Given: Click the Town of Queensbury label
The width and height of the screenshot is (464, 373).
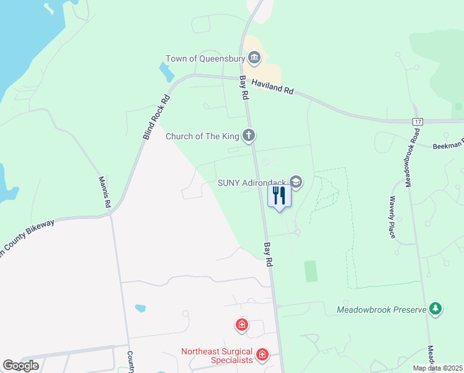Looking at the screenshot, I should click(x=205, y=59).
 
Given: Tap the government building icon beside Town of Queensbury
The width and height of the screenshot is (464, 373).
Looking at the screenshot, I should click(x=254, y=59).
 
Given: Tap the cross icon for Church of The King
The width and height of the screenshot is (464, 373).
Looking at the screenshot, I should click(x=249, y=136).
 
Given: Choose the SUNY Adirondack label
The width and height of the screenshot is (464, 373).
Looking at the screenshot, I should click(x=252, y=183).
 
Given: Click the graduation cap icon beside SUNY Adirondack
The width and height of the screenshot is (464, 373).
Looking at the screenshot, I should click(x=296, y=182).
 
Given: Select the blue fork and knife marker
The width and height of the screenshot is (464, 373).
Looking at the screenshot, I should click(x=279, y=196).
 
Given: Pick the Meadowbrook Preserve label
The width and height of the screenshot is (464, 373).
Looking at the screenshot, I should click(x=381, y=309).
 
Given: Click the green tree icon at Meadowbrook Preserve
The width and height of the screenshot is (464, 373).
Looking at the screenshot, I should click(x=437, y=308).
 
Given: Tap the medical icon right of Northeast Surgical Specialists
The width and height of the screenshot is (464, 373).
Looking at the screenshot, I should click(x=262, y=355).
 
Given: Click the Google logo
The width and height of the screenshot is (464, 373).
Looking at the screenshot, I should click(x=20, y=366).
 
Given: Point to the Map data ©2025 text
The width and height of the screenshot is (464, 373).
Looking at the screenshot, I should click(x=438, y=368).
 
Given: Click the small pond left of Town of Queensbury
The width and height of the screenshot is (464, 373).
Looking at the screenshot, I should click(x=166, y=73).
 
